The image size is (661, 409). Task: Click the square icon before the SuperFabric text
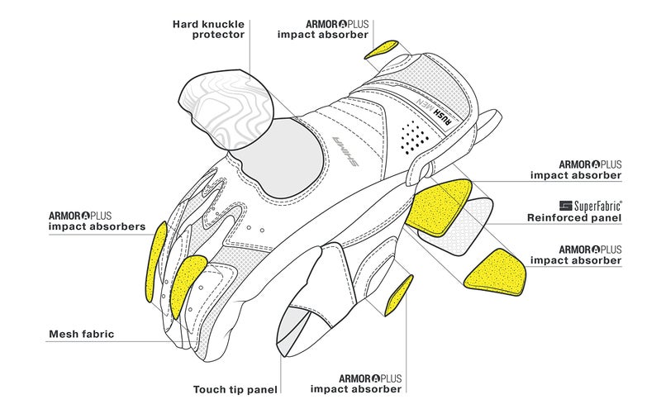point(566,204)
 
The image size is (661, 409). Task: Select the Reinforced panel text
point(573,218)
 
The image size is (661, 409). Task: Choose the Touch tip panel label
point(235,388)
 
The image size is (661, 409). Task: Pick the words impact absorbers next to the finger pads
point(97,225)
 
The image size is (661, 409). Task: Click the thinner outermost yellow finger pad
point(154,264)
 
